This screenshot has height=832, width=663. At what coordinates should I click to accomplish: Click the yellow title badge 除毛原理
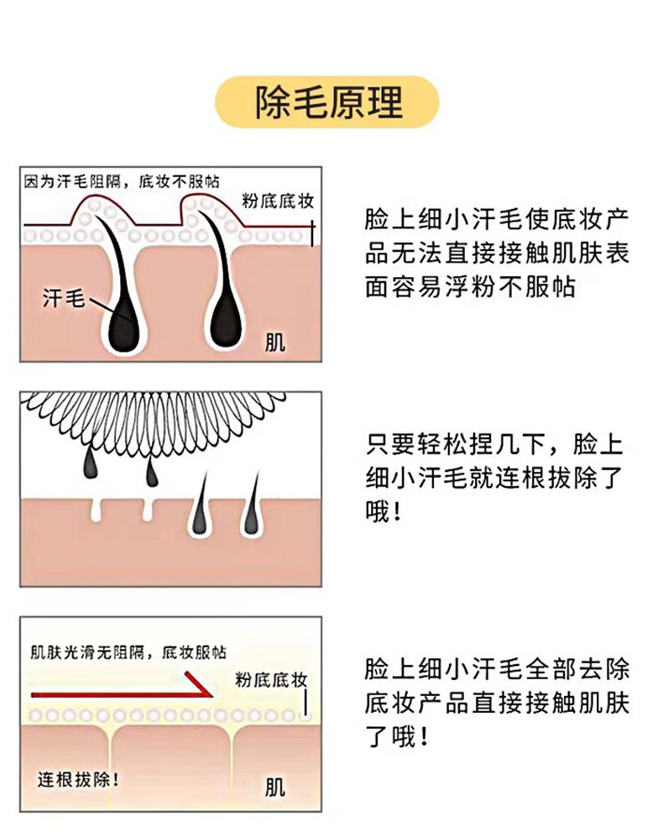[x=328, y=102]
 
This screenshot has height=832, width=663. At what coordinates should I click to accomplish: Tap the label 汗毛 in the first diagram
[x=64, y=297]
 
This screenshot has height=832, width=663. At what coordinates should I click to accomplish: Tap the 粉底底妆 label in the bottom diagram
[x=269, y=679]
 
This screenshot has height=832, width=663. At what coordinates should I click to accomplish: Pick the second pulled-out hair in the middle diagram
[x=151, y=472]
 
